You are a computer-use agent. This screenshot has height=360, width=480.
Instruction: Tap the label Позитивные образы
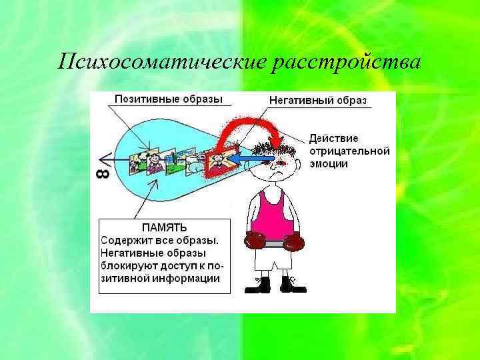pyautogui.click(x=168, y=99)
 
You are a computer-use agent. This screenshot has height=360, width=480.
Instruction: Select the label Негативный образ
pyautogui.click(x=317, y=100)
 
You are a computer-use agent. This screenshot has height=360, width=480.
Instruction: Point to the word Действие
pyautogui.click(x=333, y=139)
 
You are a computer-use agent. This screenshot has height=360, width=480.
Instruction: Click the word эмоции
pyautogui.click(x=328, y=163)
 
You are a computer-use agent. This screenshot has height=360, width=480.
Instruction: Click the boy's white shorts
pyautogui.click(x=272, y=260)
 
